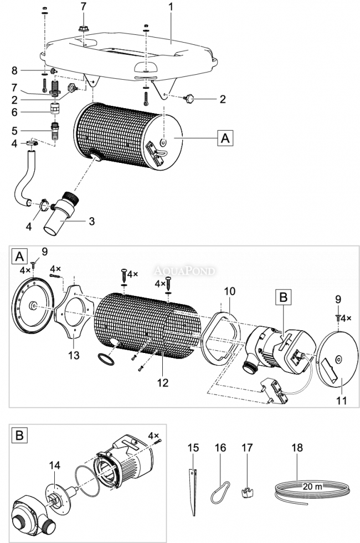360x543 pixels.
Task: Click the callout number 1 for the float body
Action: click(x=171, y=8)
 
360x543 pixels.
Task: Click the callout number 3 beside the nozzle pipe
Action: click(x=92, y=221)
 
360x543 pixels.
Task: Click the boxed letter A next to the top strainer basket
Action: click(x=225, y=138)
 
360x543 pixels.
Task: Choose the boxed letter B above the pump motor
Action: click(x=283, y=298)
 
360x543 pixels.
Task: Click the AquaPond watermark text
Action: click(x=186, y=271)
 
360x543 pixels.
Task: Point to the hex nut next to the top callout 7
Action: click(x=84, y=27)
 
